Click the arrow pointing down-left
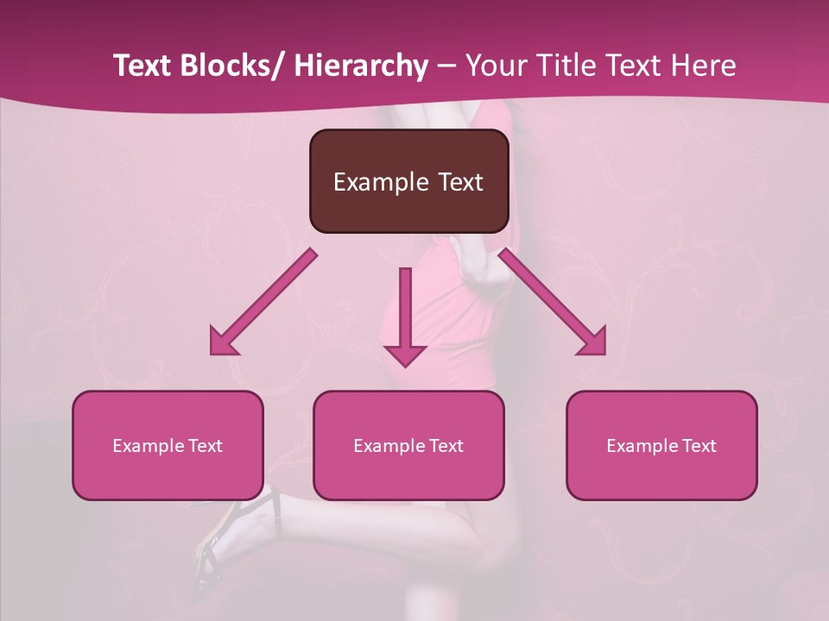[x=263, y=303]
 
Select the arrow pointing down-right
[x=553, y=303]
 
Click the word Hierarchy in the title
[x=361, y=66]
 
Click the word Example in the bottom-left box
[x=148, y=446]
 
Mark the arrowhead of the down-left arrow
[x=223, y=342]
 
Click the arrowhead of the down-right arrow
[x=593, y=342]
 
